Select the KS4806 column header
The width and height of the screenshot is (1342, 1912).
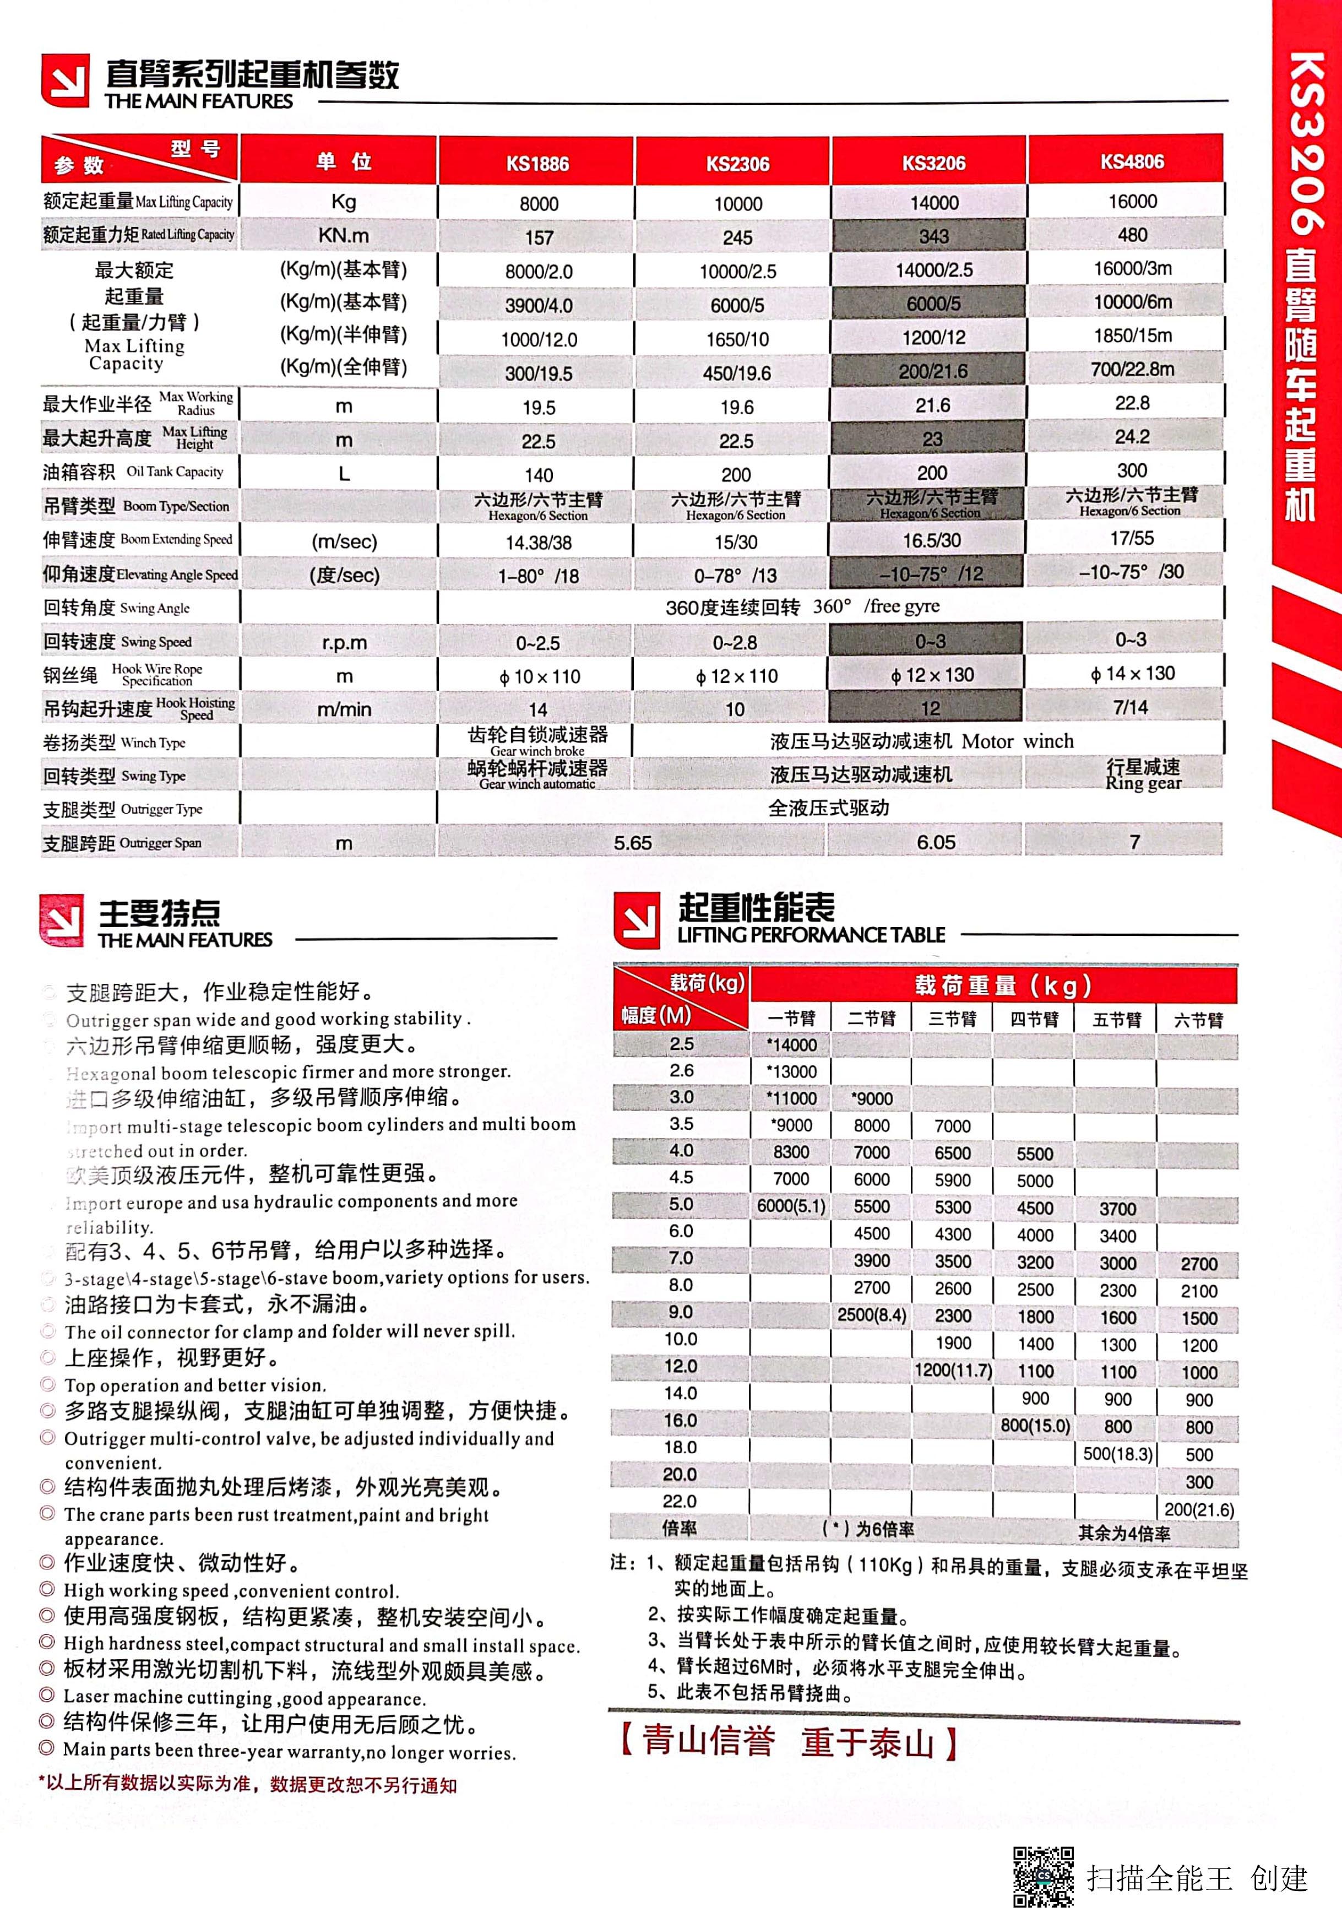[x=1132, y=161]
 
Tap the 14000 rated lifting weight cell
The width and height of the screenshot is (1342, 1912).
[x=934, y=202]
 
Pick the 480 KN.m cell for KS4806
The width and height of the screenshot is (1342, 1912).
[x=1132, y=235]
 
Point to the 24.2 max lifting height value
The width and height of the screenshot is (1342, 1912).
[x=1132, y=436]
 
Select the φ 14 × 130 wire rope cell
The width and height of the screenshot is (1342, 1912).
[x=1132, y=674]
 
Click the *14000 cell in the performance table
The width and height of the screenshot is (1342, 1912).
[x=791, y=1045]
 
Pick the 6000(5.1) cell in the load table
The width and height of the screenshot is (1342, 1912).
[x=791, y=1206]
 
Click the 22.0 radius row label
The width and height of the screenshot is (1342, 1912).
[x=680, y=1501]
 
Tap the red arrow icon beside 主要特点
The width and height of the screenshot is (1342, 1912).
[x=61, y=920]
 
